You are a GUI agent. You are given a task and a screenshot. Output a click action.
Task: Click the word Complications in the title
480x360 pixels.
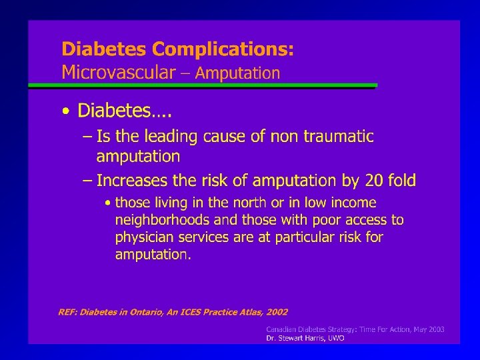pos(222,50)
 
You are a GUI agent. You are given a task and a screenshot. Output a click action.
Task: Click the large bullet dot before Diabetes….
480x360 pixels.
pos(65,111)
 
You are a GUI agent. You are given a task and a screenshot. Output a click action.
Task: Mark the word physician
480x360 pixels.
pos(141,237)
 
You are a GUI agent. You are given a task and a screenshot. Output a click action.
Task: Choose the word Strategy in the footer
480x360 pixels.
pos(337,329)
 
